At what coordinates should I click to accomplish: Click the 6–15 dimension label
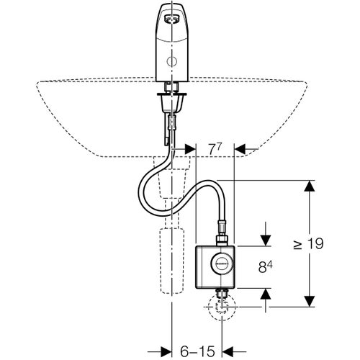tap(197, 352)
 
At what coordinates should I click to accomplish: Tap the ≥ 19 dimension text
tap(309, 244)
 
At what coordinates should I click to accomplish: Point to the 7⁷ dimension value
tap(215, 150)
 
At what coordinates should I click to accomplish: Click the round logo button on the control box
tap(222, 264)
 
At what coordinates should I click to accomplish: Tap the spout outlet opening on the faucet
tap(171, 19)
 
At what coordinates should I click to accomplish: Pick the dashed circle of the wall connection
tap(222, 307)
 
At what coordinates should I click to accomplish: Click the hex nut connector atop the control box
tap(222, 240)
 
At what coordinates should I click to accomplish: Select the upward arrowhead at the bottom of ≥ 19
tap(309, 301)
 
